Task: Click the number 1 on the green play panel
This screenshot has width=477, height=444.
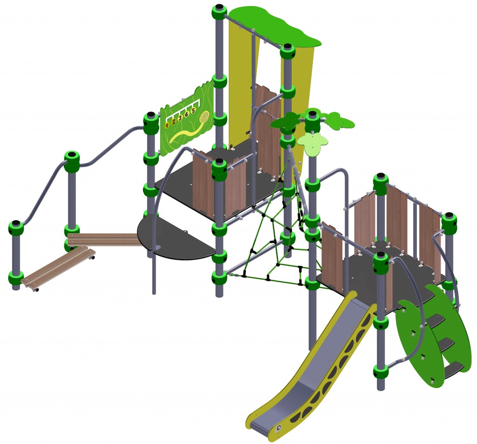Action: pos(167,125)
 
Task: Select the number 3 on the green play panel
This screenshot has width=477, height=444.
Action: pos(180,118)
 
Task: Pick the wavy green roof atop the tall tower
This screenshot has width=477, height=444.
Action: pos(274,26)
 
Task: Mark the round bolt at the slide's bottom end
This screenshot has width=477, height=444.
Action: pos(279,429)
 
